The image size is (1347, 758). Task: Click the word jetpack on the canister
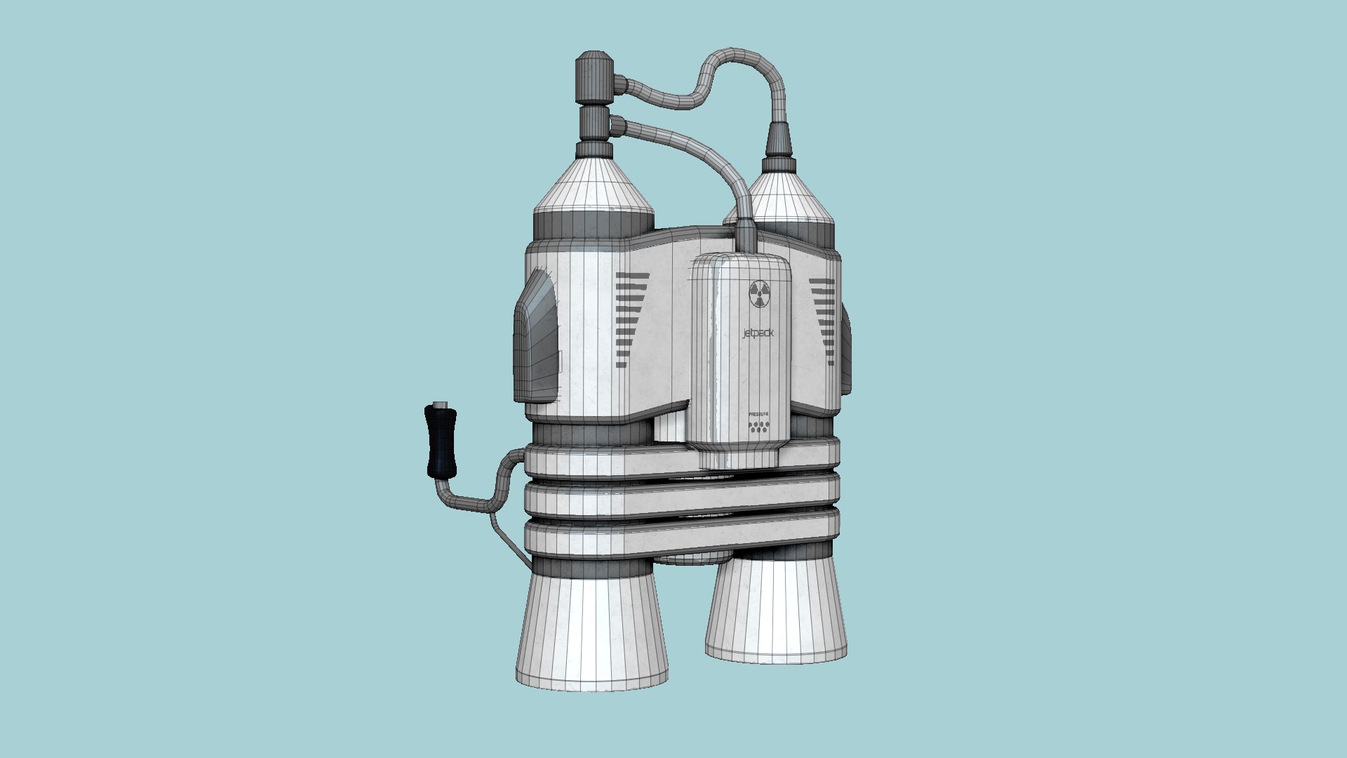coord(758,333)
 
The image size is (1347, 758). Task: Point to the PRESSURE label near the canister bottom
coord(758,415)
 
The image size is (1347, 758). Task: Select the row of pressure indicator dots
coord(758,426)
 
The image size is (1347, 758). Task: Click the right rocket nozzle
coord(776,611)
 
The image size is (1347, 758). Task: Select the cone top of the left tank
coord(594,186)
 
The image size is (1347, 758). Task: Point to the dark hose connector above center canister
coord(746,235)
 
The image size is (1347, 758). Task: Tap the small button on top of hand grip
coord(440,404)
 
